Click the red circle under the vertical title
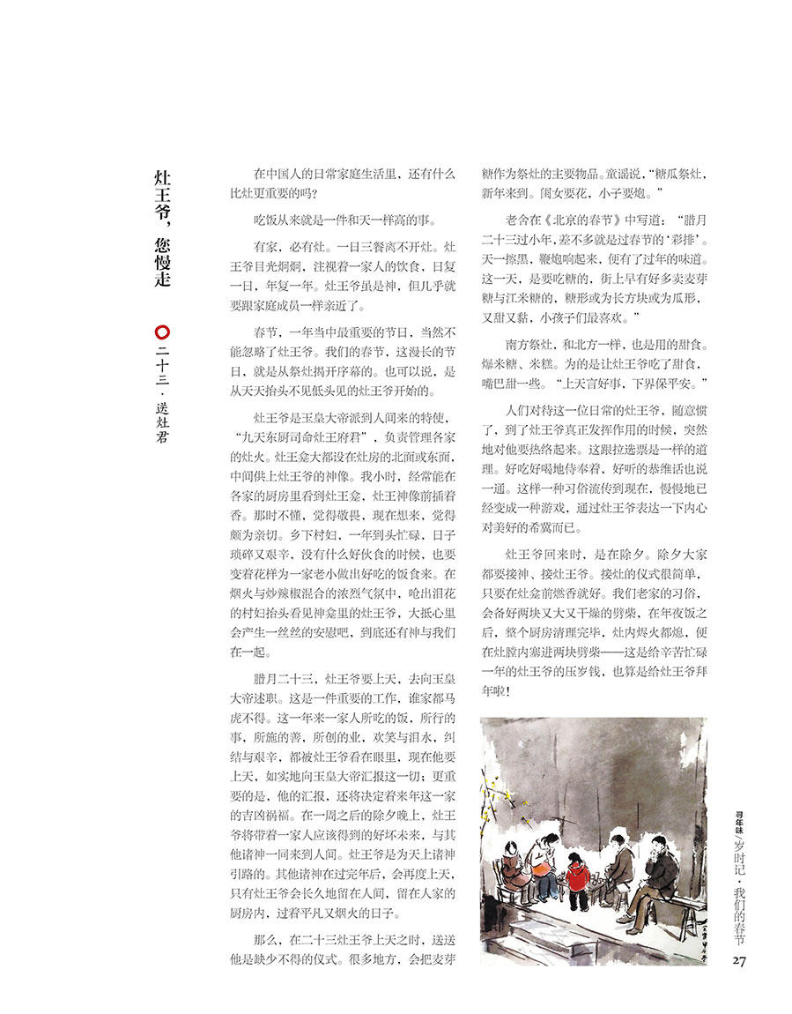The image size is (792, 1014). point(161,332)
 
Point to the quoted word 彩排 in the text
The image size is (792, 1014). point(693,240)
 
